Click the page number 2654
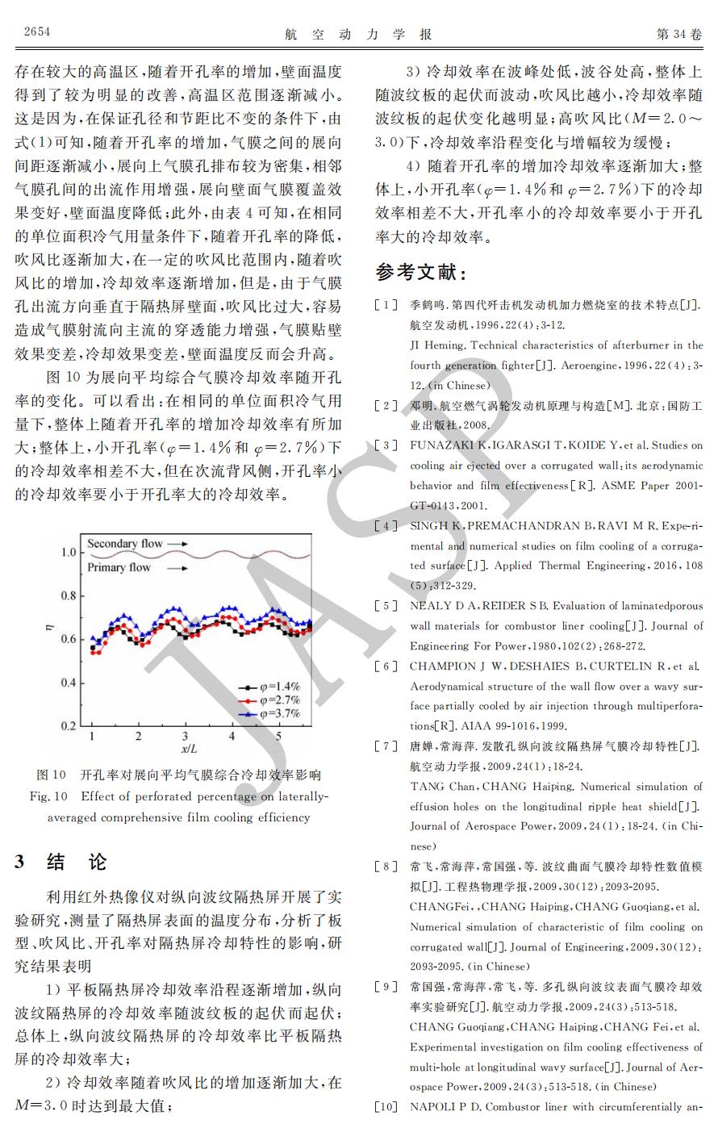37,32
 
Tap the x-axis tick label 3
186,737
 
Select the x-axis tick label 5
279,737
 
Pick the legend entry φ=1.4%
269,687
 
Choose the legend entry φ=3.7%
269,713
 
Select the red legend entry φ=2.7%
269,700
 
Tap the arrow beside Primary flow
180,567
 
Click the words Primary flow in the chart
119,567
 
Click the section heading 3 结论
61,863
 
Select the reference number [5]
386,606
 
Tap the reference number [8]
386,867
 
